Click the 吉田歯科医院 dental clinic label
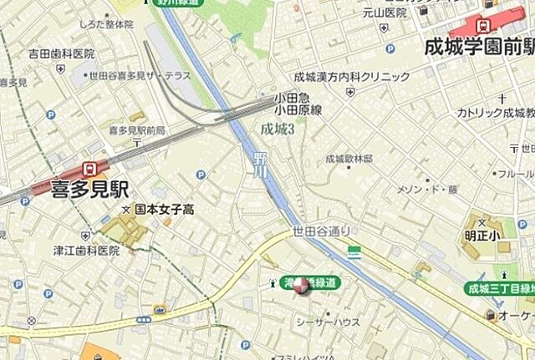click(x=61, y=53)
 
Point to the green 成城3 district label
click(x=278, y=129)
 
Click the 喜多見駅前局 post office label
click(x=137, y=131)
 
